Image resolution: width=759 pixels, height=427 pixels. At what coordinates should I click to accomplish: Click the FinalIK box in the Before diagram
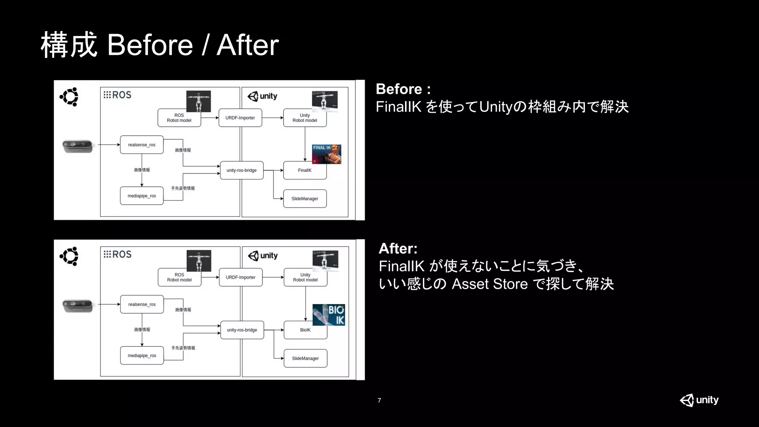click(x=305, y=171)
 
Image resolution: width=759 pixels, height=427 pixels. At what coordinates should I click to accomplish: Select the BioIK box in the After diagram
click(x=305, y=330)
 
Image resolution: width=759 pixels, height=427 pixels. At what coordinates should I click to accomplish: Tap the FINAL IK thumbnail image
click(x=327, y=154)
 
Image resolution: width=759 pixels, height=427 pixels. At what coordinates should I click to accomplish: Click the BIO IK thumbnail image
click(x=329, y=315)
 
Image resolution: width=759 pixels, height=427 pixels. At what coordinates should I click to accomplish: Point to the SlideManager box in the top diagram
click(x=305, y=199)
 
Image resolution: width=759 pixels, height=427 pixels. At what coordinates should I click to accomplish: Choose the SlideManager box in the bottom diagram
click(x=305, y=358)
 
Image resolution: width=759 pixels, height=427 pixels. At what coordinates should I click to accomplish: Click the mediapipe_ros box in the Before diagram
click(x=142, y=196)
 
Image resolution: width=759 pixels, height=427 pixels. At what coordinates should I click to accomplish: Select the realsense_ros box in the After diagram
click(x=142, y=304)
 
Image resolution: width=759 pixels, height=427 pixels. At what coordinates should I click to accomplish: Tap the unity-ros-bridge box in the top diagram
click(x=242, y=171)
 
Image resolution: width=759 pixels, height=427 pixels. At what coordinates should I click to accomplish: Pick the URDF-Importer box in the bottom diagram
click(x=241, y=277)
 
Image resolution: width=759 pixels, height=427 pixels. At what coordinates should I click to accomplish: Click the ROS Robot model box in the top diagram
click(x=179, y=118)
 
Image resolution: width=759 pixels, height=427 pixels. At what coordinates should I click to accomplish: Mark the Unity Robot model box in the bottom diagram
click(x=305, y=278)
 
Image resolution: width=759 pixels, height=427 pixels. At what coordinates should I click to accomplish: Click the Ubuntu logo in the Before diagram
click(x=69, y=97)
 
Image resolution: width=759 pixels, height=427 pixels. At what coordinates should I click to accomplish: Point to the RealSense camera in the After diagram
click(x=77, y=306)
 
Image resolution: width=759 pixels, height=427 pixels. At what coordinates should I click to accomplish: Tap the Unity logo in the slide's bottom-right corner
click(x=699, y=400)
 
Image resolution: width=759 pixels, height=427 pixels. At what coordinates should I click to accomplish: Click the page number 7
click(x=379, y=400)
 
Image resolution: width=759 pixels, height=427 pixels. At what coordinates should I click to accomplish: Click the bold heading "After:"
click(x=398, y=248)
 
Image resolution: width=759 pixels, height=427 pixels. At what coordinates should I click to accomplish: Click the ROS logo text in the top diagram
click(x=117, y=95)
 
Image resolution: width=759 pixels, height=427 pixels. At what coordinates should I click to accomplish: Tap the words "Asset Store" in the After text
click(x=490, y=284)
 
